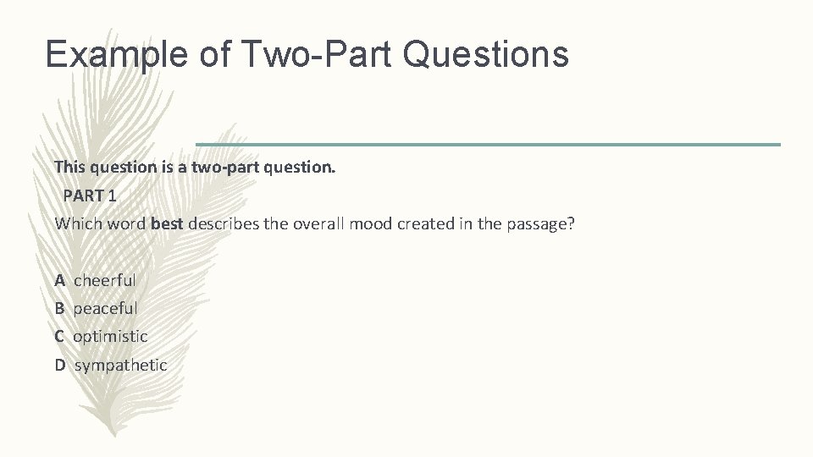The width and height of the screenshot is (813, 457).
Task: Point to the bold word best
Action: tap(167, 224)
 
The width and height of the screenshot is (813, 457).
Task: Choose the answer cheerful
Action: tap(105, 279)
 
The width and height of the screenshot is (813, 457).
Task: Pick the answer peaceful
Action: tap(105, 308)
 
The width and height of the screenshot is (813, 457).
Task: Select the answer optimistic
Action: tap(110, 336)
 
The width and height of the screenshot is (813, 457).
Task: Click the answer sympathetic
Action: tap(121, 365)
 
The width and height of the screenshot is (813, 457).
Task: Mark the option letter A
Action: tap(60, 279)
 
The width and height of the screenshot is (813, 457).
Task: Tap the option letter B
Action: tap(60, 308)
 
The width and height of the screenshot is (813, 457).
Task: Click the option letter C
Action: tap(60, 336)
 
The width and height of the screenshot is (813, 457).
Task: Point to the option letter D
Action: tap(60, 365)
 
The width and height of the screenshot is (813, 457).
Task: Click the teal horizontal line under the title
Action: tap(488, 144)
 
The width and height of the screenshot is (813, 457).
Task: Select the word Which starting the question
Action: tap(75, 224)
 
